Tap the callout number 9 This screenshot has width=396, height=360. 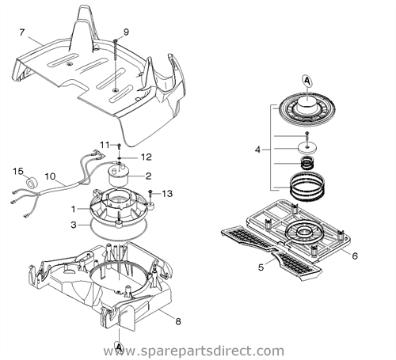click(x=125, y=32)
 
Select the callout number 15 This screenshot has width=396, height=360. click(x=18, y=170)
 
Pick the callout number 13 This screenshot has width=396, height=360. click(x=168, y=193)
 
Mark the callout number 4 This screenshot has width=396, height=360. click(x=257, y=149)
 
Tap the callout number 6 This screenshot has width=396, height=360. click(x=355, y=255)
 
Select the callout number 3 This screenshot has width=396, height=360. click(x=74, y=225)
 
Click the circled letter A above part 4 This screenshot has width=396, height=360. click(x=307, y=80)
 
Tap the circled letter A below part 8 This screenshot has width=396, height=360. click(x=119, y=347)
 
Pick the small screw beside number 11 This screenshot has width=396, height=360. click(x=118, y=146)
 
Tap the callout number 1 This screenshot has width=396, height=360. click(x=74, y=210)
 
